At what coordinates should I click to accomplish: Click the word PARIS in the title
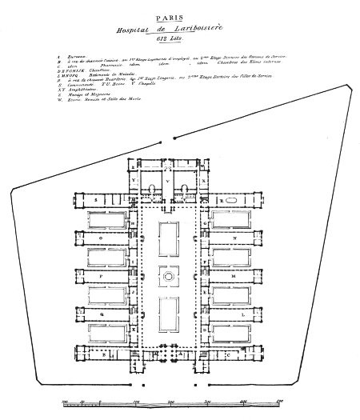pyautogui.click(x=181, y=14)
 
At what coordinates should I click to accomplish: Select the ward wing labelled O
pyautogui.click(x=101, y=238)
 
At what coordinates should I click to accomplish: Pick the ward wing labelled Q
pyautogui.click(x=101, y=314)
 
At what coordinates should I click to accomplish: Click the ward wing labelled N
pyautogui.click(x=234, y=238)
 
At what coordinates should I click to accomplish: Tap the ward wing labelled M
pyautogui.click(x=234, y=276)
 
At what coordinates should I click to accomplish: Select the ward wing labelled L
pyautogui.click(x=234, y=314)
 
